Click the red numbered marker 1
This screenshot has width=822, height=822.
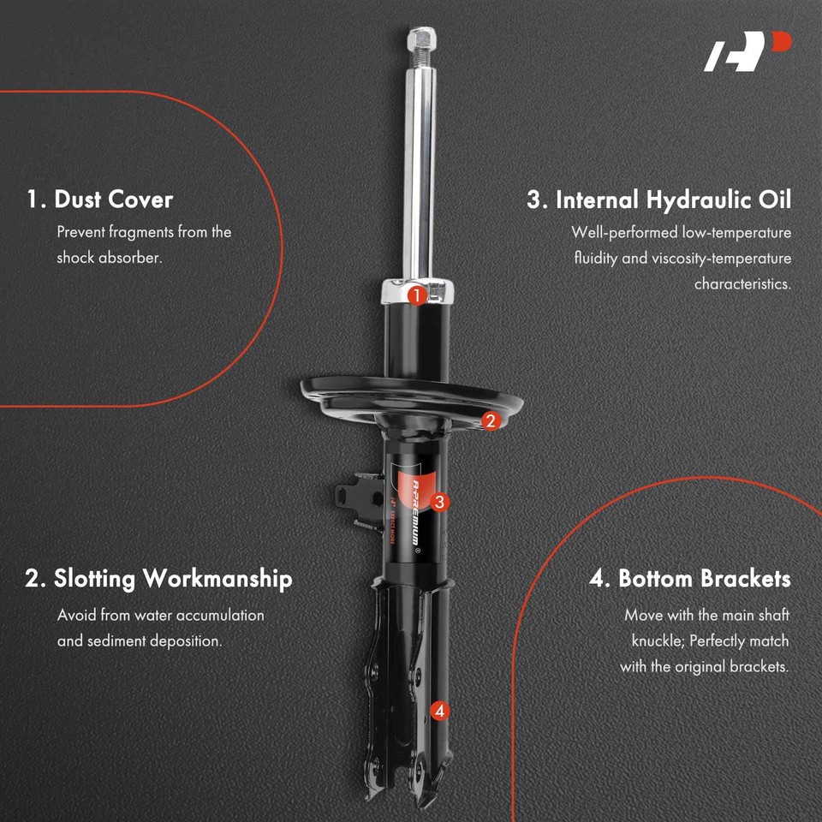coord(416,296)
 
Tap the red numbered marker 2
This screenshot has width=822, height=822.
coord(490,420)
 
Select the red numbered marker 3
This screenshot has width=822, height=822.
coord(438,503)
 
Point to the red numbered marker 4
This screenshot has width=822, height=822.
coord(439,710)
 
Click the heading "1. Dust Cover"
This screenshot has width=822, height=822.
coord(99,200)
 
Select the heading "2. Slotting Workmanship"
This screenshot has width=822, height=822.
coord(158,579)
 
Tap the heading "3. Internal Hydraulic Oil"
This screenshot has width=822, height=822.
coord(658,200)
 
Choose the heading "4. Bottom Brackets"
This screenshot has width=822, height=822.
coord(689,579)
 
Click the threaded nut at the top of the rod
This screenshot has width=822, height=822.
coord(421,39)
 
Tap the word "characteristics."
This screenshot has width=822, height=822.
coord(742,283)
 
